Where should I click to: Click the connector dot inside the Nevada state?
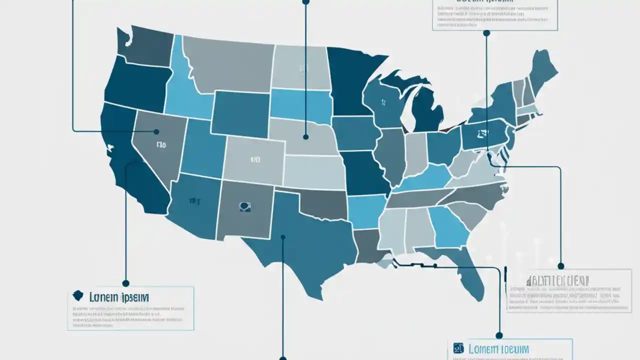(x=156, y=132)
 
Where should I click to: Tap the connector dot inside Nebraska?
(x=305, y=136)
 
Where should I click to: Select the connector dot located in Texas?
(x=283, y=237)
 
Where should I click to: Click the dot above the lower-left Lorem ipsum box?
(x=126, y=283)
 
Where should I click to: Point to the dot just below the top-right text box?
(x=486, y=33)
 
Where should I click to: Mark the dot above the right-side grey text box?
(x=560, y=266)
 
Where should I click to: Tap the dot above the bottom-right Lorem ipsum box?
(x=498, y=335)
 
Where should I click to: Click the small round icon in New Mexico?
(x=244, y=205)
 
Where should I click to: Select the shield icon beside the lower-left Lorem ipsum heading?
(x=77, y=296)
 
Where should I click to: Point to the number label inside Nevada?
(x=160, y=145)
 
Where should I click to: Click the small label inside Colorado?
(x=255, y=160)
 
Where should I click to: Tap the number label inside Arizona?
(x=194, y=201)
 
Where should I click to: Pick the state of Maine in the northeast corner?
(x=542, y=70)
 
